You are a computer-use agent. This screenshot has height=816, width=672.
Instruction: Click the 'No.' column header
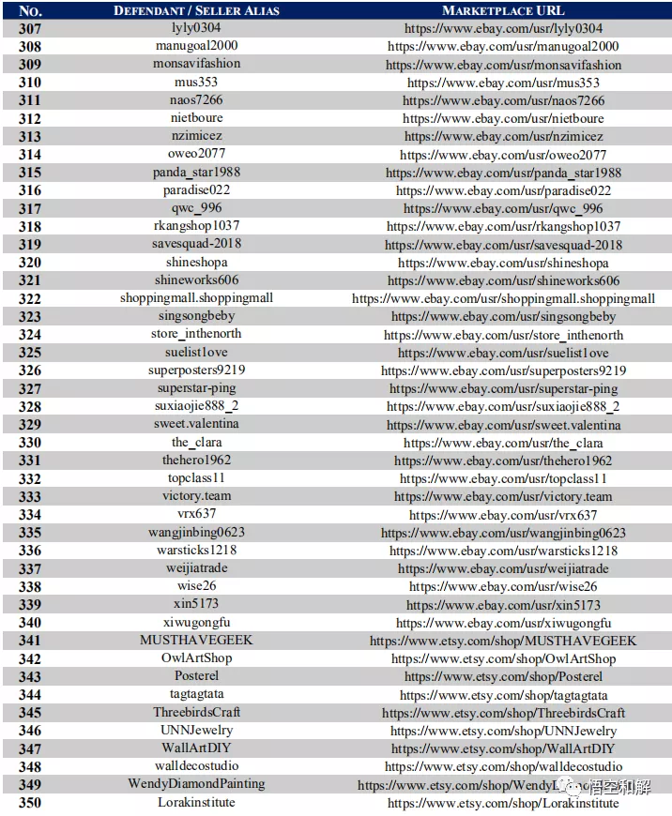[x=30, y=10]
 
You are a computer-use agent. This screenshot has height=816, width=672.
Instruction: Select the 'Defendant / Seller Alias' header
[x=196, y=10]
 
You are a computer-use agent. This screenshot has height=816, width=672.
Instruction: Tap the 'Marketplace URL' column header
[x=503, y=10]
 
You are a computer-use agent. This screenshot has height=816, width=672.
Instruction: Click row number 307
[x=30, y=28]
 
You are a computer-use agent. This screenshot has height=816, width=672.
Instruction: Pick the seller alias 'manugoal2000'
[x=196, y=46]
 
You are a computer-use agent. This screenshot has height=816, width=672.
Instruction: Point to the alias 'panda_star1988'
[x=196, y=173]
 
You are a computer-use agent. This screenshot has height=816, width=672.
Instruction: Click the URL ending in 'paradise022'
[x=503, y=190]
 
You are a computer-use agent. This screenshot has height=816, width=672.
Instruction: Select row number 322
[x=30, y=299]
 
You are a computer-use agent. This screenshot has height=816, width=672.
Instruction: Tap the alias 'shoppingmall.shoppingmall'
[x=196, y=298]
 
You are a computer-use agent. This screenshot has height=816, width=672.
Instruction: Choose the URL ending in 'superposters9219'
[x=503, y=370]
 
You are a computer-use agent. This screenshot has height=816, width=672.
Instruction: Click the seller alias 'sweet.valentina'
[x=196, y=424]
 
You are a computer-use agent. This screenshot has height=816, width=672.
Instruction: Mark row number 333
[x=30, y=497]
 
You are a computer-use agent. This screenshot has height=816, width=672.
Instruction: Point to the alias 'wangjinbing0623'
[x=196, y=533]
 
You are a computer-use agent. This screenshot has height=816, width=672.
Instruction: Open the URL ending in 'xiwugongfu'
[x=503, y=623]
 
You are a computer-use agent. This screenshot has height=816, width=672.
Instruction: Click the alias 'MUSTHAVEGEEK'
[x=196, y=641]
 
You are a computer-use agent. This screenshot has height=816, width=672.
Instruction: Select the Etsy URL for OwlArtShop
[x=503, y=659]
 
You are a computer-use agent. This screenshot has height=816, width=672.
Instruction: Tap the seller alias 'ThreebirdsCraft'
[x=196, y=713]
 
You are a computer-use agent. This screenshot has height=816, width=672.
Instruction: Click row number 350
[x=30, y=804]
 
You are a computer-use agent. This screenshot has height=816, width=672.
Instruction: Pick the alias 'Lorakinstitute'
[x=196, y=803]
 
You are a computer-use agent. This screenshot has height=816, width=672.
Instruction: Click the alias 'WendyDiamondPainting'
[x=196, y=784]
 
